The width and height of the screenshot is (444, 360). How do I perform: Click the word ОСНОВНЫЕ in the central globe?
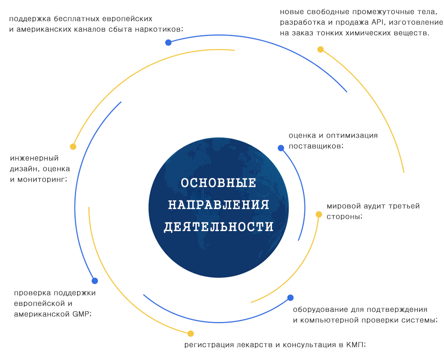[x=218, y=183]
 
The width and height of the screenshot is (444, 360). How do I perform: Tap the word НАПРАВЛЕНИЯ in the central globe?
[x=218, y=205]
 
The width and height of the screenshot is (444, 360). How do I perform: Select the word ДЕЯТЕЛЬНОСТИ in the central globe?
[x=218, y=227]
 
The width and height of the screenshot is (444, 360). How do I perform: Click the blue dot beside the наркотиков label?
[x=168, y=43]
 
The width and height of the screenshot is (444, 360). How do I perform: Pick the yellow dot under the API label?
[x=320, y=50]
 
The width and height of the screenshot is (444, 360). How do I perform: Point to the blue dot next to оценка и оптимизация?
[x=281, y=148]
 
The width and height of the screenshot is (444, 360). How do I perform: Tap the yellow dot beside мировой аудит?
[x=319, y=214]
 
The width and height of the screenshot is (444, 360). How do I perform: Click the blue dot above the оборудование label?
[x=290, y=298]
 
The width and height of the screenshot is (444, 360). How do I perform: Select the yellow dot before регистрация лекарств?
[x=191, y=333]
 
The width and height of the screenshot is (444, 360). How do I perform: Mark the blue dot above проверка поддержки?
[x=95, y=281]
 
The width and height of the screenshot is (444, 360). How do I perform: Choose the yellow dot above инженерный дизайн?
[x=73, y=147]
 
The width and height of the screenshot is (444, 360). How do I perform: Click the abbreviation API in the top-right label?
[x=377, y=22]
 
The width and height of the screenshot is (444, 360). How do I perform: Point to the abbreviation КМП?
[x=355, y=344]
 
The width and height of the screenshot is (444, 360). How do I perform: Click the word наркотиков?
[x=159, y=29]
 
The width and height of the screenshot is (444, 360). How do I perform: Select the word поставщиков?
[x=316, y=146]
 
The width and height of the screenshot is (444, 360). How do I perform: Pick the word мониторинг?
[x=43, y=179]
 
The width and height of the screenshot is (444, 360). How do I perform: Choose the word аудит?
[x=374, y=206]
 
